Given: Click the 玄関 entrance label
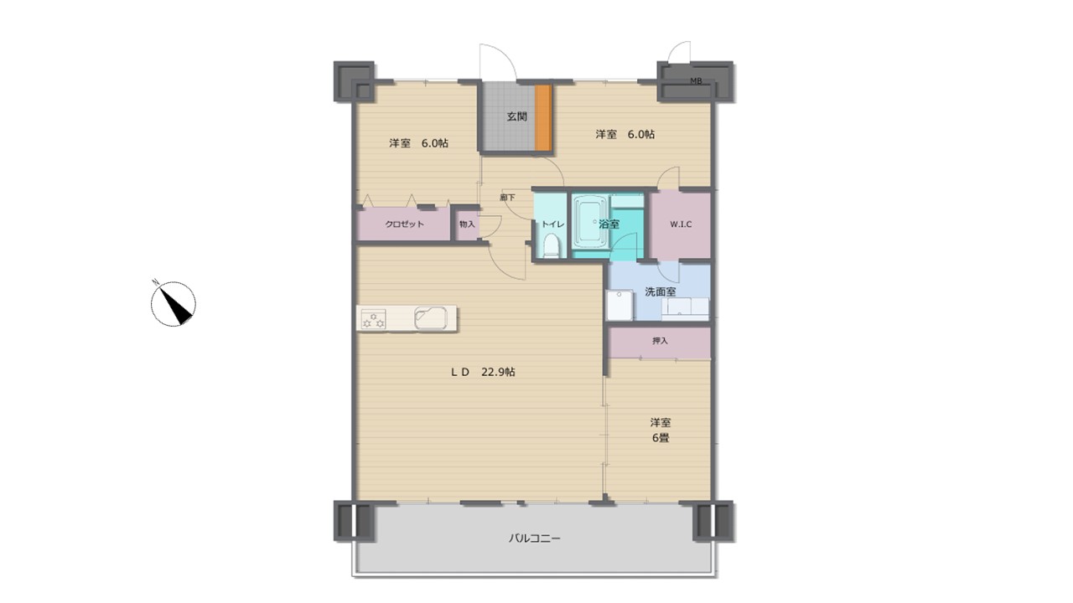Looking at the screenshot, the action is click(x=517, y=116).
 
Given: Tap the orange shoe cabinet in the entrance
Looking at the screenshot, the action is click(x=543, y=118).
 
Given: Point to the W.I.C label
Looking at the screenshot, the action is click(x=680, y=224).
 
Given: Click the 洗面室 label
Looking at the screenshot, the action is click(x=660, y=291).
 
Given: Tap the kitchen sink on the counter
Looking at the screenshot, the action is click(x=431, y=318).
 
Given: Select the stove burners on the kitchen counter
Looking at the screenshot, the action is click(x=373, y=319).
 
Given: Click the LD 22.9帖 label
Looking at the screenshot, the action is click(x=483, y=372).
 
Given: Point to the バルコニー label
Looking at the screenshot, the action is click(x=534, y=539).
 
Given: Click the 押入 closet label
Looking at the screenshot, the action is click(x=660, y=341).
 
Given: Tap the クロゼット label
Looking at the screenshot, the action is click(x=404, y=224).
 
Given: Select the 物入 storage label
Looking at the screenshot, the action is click(x=467, y=224).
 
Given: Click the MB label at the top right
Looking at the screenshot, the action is click(x=696, y=81).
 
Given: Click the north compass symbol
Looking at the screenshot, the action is click(x=173, y=303).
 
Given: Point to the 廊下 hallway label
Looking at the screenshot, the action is click(x=507, y=197).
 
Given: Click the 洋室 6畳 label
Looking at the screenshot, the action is click(x=660, y=430).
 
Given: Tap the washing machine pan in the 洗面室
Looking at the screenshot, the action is click(x=619, y=305).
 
